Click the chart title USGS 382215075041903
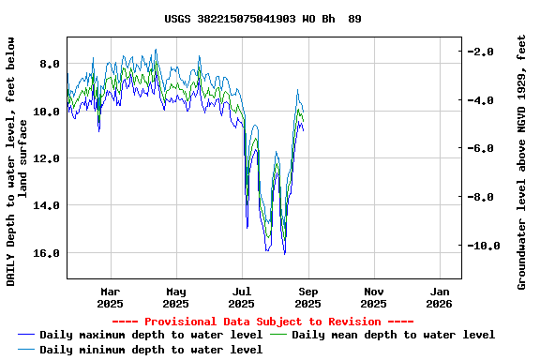(x=262, y=19)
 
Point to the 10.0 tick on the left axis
(x=46, y=112)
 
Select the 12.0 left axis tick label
(x=46, y=158)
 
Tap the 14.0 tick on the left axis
(x=46, y=205)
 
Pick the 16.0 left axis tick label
(x=46, y=253)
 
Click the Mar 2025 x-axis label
(x=110, y=297)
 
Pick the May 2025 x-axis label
(x=175, y=297)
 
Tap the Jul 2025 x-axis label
(x=242, y=297)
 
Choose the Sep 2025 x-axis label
(x=307, y=297)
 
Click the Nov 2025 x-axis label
(x=373, y=297)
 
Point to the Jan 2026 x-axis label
(x=440, y=297)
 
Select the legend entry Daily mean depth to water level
(x=392, y=335)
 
